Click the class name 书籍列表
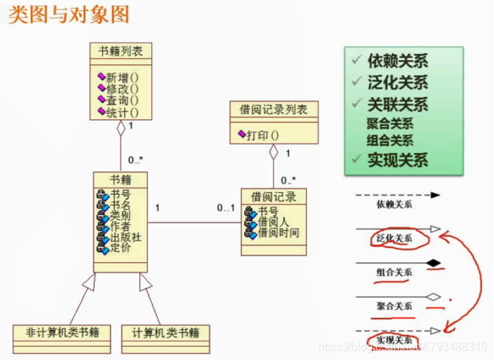[121, 51]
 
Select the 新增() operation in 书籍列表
[122, 77]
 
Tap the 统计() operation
[122, 111]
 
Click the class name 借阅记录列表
[273, 109]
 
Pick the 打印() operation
[263, 134]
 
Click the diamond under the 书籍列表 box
[121, 129]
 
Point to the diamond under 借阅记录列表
[273, 151]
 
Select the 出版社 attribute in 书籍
[125, 238]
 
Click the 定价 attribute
[120, 249]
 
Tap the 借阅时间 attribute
[278, 233]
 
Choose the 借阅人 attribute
[273, 222]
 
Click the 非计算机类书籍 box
[62, 333]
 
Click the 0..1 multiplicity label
[226, 208]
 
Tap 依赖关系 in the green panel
[398, 61]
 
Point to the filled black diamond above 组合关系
[433, 263]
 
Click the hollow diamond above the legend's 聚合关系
[433, 296]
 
